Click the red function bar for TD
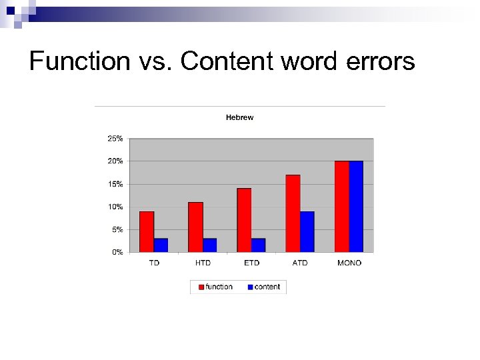[147, 231]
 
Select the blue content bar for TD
[161, 245]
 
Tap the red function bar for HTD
[195, 227]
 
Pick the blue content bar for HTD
[209, 245]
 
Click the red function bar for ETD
[244, 220]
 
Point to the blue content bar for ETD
[258, 245]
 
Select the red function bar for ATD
[293, 213]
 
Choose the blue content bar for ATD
[307, 231]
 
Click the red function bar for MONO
[341, 206]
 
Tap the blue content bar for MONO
[356, 206]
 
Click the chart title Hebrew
[239, 117]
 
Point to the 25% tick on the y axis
[115, 139]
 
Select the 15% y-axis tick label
[115, 184]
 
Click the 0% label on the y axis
[117, 253]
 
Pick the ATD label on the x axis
[300, 263]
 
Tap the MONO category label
[349, 263]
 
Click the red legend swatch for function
[200, 287]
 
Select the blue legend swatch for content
[250, 287]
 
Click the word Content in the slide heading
[227, 61]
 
